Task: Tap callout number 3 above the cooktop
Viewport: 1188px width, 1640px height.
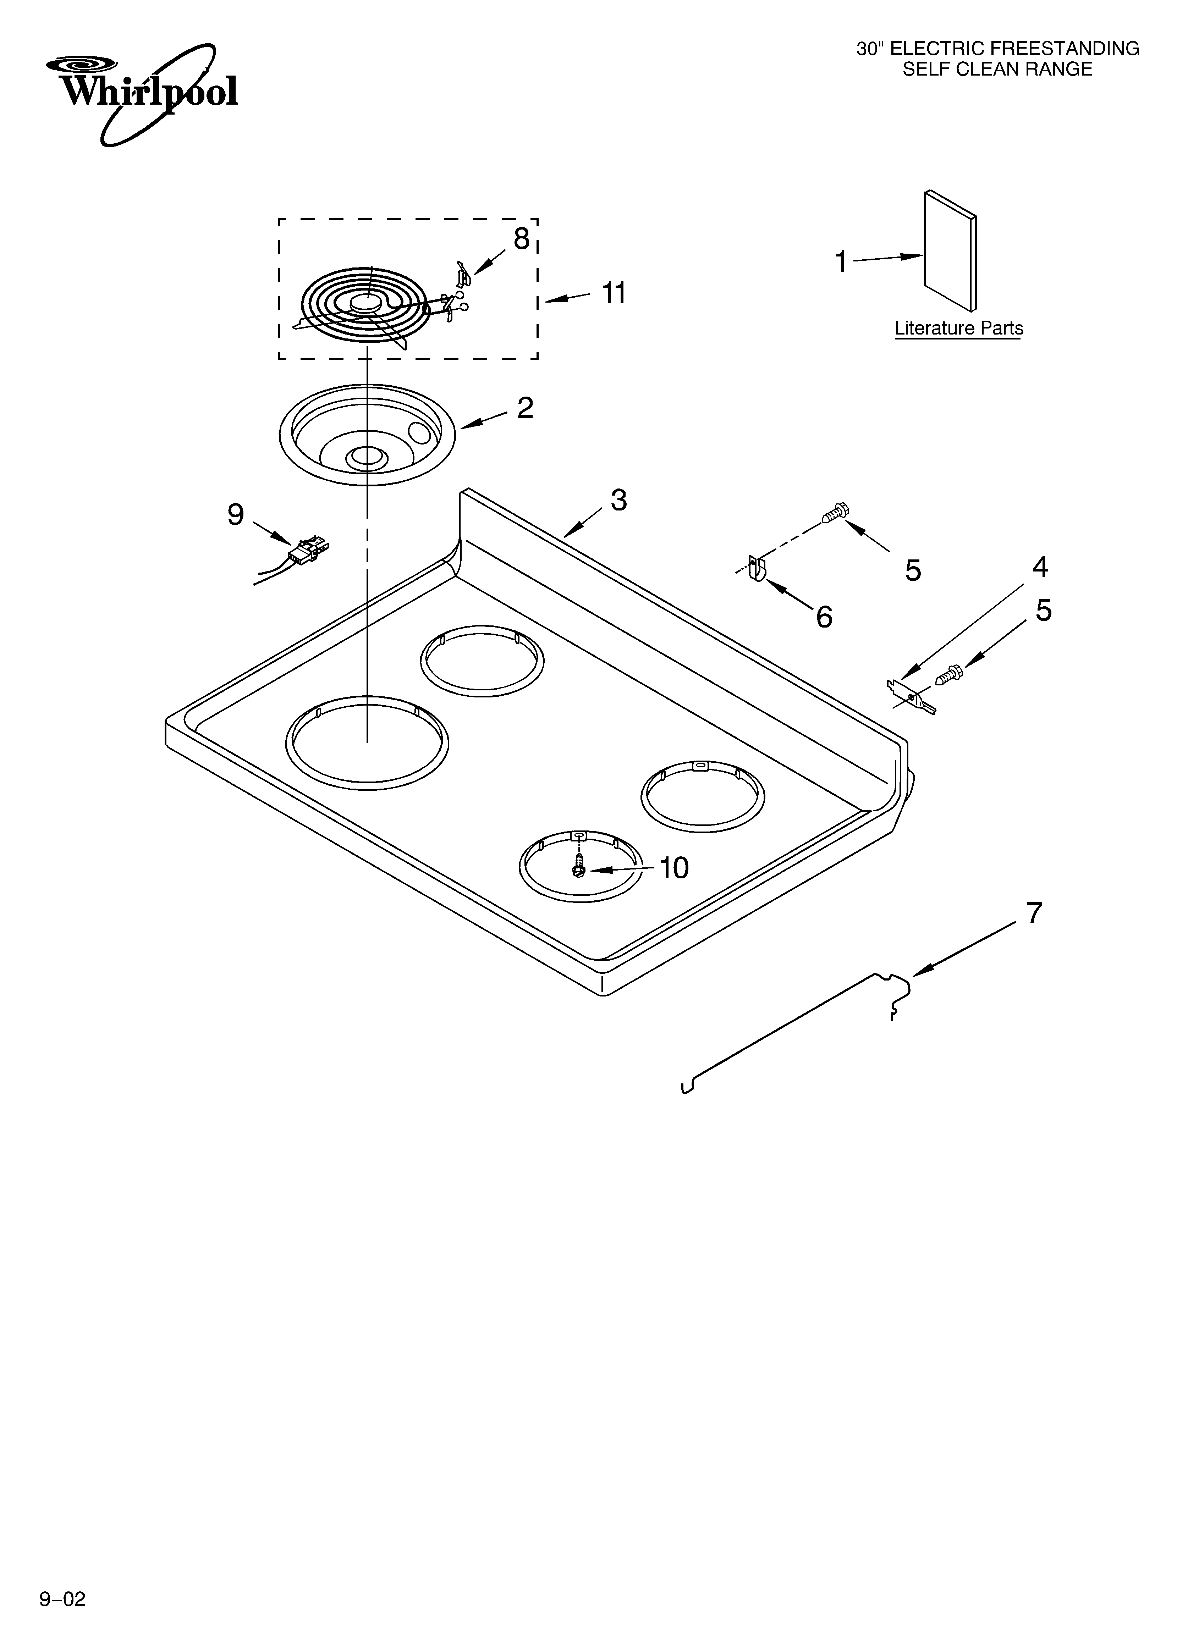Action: pos(618,500)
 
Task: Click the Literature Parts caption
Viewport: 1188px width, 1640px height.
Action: pos(959,328)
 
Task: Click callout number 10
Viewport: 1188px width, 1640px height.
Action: pos(673,868)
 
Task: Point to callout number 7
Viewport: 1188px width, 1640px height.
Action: pos(1035,913)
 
